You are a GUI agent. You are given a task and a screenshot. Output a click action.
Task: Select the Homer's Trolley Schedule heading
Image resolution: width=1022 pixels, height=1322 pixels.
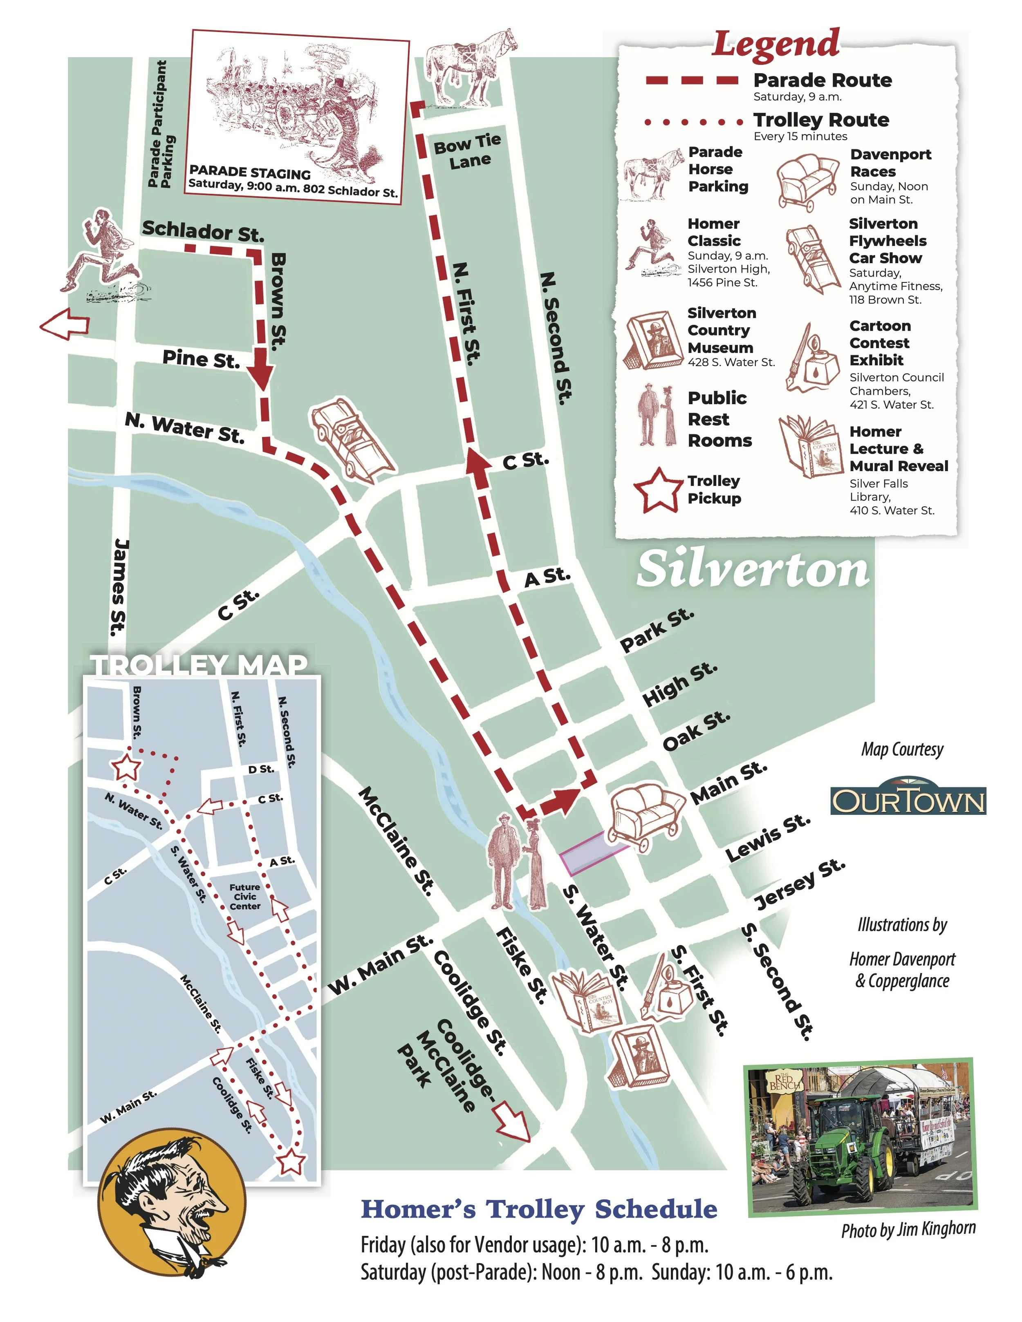tap(539, 1209)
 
